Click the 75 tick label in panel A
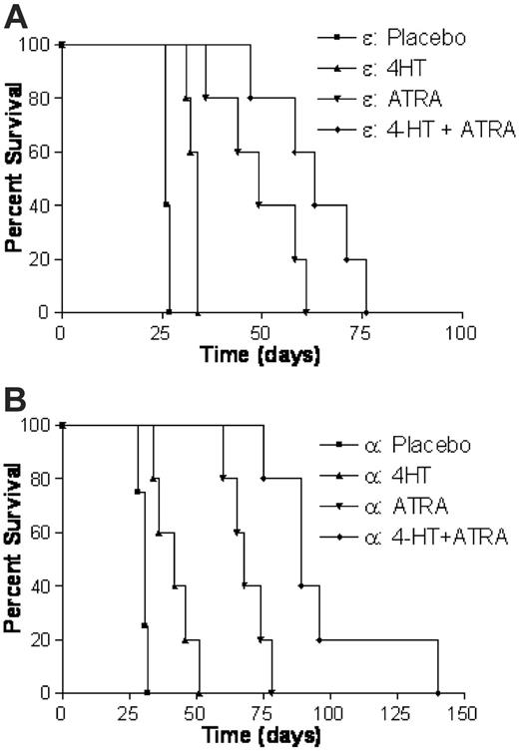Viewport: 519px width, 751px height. coord(362,331)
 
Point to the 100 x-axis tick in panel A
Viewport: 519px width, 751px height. coord(462,331)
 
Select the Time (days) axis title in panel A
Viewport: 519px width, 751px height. coord(261,354)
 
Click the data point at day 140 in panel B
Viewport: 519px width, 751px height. coord(437,692)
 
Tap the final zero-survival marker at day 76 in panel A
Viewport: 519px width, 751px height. coord(366,312)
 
